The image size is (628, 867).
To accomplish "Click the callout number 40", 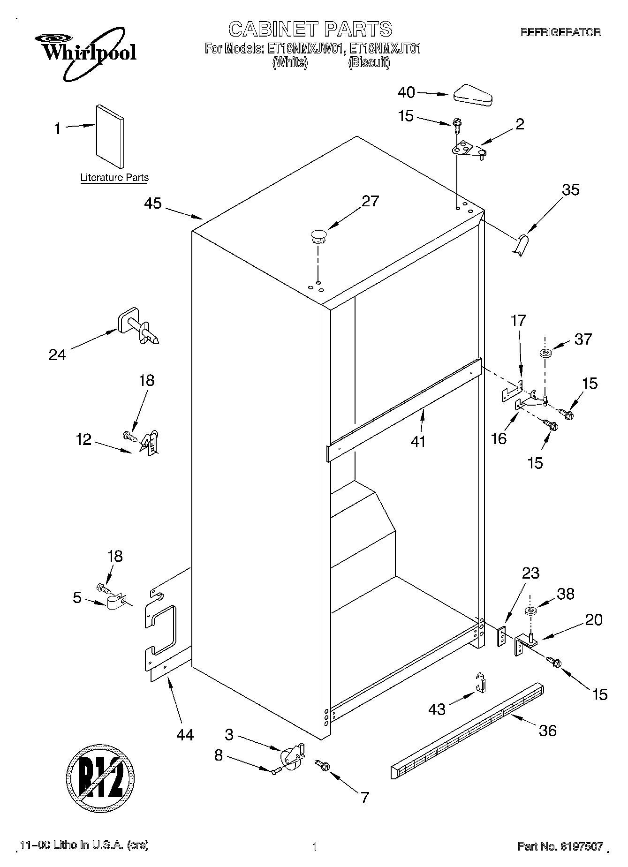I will coord(406,93).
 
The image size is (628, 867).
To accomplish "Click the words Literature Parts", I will coord(114,178).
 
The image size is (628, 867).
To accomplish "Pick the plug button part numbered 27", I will coord(318,236).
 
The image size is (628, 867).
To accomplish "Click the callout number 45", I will coord(153,203).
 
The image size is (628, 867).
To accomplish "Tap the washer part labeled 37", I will coord(545,352).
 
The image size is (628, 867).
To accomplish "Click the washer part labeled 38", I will coord(531,611).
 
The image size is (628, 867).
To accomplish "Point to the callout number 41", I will coord(417,441).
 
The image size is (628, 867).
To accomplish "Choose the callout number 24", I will coord(57,354).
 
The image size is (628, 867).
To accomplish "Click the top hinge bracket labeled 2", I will coord(468,151).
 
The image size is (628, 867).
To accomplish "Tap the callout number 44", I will coord(185,734).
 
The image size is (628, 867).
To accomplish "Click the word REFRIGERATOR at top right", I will coord(560,32).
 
